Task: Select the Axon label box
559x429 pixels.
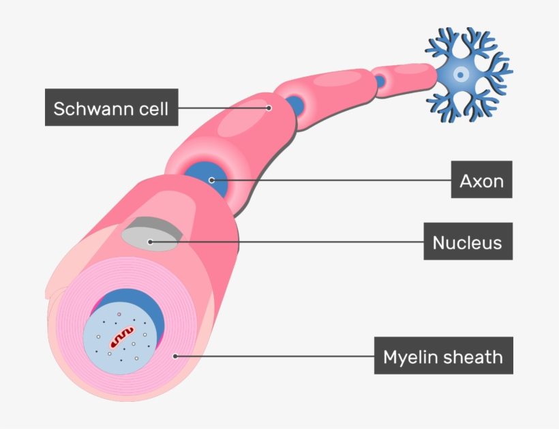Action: [481, 180]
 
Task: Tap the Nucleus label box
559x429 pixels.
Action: [468, 241]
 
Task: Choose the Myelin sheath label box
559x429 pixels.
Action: [443, 355]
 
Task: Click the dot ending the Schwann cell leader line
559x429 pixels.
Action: [269, 108]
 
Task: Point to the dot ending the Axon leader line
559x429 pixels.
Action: [211, 180]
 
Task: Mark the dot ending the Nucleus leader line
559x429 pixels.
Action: [150, 241]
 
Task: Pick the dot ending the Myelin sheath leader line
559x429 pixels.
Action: [176, 355]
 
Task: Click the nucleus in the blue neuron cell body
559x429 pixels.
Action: [462, 73]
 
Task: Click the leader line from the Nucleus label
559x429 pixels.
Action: [286, 241]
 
